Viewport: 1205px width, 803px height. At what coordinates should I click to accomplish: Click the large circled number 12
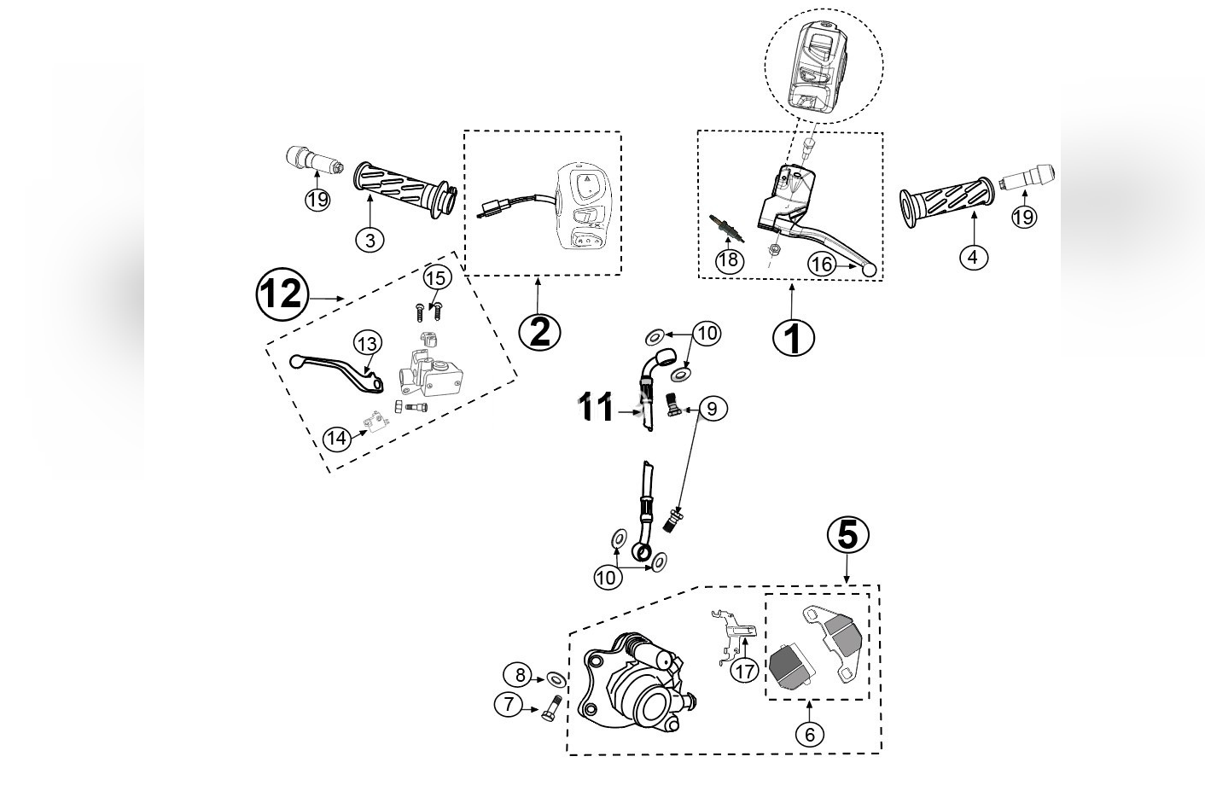(x=281, y=294)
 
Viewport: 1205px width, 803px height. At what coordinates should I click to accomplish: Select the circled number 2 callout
(x=539, y=331)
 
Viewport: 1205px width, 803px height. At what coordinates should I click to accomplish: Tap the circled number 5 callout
(x=847, y=535)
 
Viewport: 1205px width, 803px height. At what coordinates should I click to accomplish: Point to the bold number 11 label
(x=597, y=408)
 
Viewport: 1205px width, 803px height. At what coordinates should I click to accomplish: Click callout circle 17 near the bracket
(x=745, y=671)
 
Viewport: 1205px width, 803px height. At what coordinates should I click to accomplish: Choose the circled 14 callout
(x=337, y=439)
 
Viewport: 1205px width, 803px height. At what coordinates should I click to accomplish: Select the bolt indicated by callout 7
(x=549, y=708)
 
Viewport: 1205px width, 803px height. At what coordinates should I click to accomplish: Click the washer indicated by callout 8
(x=555, y=679)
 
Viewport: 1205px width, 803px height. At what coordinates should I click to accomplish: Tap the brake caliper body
(x=636, y=687)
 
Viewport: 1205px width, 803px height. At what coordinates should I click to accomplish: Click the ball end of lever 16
(x=869, y=271)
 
